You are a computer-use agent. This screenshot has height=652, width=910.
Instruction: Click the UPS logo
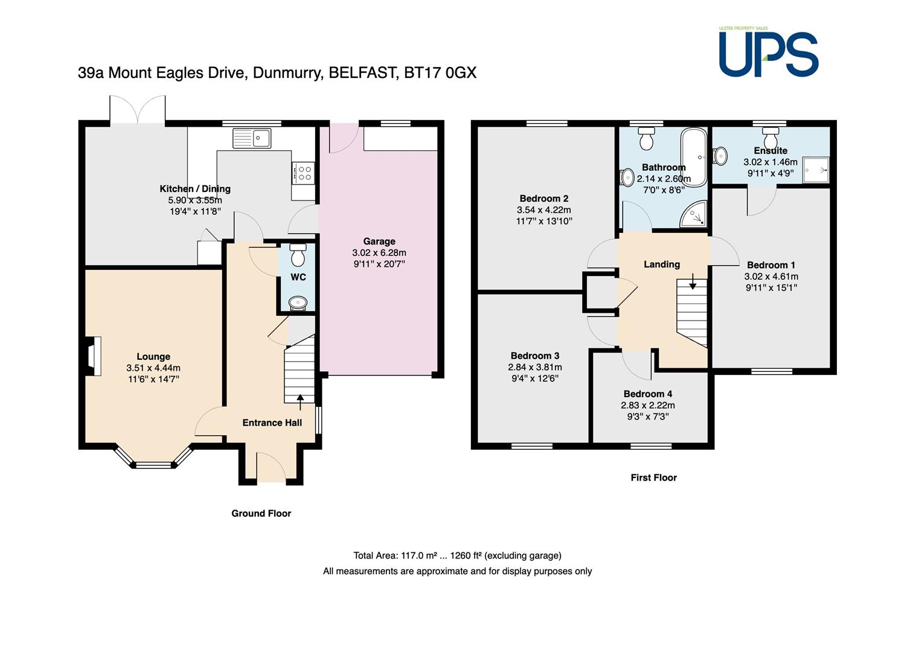(768, 52)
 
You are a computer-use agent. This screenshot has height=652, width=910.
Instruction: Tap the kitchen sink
(252, 138)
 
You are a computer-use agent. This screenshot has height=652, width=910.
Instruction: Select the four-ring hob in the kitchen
(303, 173)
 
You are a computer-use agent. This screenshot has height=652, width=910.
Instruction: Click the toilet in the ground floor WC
(298, 255)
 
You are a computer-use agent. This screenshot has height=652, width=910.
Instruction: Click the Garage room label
(379, 241)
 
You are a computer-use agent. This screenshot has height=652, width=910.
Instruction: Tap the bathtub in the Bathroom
(694, 157)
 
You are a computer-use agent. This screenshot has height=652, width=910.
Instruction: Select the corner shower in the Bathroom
(694, 213)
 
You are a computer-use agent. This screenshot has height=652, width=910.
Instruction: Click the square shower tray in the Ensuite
(816, 170)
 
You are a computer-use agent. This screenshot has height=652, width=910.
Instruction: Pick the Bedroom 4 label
(648, 394)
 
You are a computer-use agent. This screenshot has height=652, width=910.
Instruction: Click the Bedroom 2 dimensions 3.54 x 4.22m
(543, 210)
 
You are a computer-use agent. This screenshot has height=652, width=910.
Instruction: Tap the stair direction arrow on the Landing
(693, 281)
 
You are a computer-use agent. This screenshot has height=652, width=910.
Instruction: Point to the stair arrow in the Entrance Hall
(300, 401)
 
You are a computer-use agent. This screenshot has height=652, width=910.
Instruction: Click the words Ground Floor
(261, 514)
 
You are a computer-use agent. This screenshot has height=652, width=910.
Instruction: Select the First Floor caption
(653, 478)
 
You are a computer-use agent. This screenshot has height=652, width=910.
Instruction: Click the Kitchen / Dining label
(195, 189)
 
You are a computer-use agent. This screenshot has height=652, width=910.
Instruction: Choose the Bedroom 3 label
(535, 356)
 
